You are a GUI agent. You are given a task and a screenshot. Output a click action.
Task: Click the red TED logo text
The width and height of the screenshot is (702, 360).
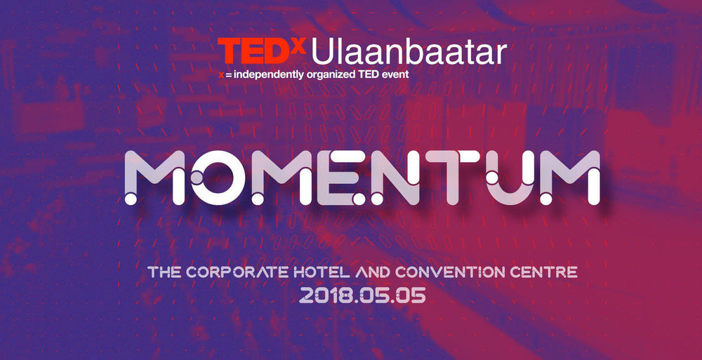(254, 51)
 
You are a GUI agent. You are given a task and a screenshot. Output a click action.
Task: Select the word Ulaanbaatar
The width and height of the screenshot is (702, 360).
(409, 51)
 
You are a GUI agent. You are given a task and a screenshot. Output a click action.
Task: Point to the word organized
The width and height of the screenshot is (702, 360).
(327, 75)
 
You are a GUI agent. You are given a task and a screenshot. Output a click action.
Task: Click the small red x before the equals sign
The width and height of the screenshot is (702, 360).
(221, 75)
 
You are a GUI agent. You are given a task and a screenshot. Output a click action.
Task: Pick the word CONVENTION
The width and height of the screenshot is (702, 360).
(452, 272)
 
